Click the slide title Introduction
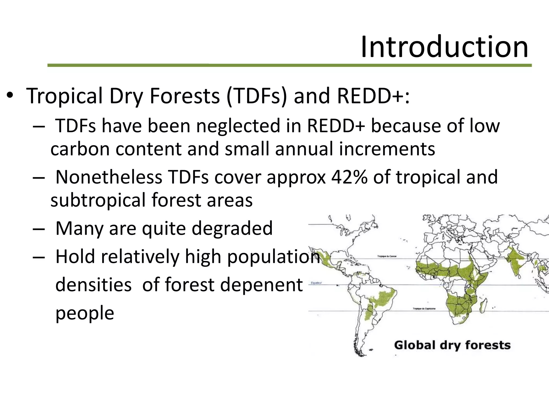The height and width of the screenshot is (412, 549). [444, 47]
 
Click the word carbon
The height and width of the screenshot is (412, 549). [80, 149]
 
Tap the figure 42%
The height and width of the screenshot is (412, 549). [349, 177]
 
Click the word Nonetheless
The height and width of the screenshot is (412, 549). [109, 177]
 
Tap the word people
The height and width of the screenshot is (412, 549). [85, 313]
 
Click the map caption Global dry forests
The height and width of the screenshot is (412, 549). [452, 345]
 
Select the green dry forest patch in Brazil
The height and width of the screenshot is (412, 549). [382, 298]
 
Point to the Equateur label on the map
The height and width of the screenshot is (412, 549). [316, 283]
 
